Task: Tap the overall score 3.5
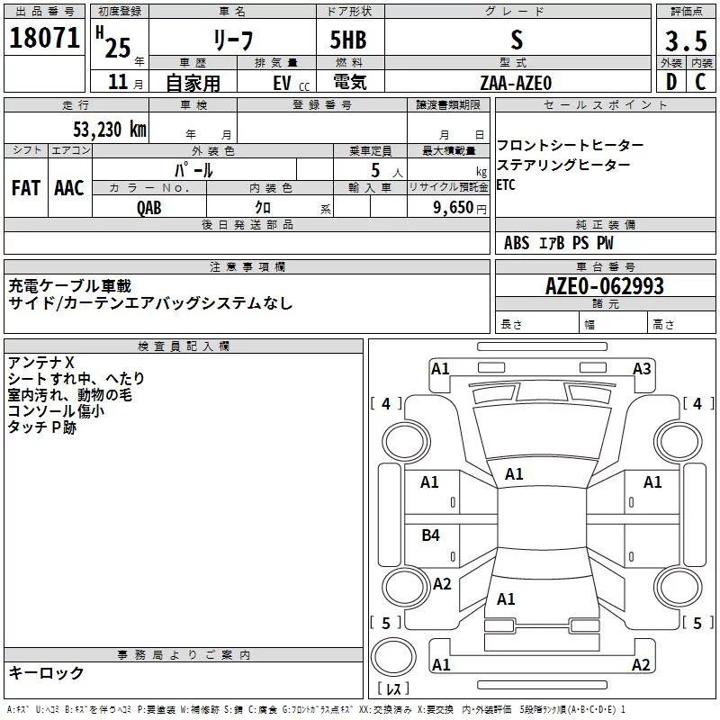pyautogui.click(x=685, y=40)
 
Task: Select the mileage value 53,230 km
pyautogui.click(x=109, y=129)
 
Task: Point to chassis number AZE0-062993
pyautogui.click(x=604, y=286)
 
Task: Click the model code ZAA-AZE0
pyautogui.click(x=516, y=82)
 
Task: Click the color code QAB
pyautogui.click(x=149, y=207)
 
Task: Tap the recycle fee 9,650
pyautogui.click(x=455, y=207)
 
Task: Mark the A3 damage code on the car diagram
pyautogui.click(x=641, y=368)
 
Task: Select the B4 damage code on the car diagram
pyautogui.click(x=431, y=535)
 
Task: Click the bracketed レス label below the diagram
pyautogui.click(x=393, y=689)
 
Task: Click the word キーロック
pyautogui.click(x=46, y=672)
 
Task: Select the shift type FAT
pyautogui.click(x=25, y=187)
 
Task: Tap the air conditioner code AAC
pyautogui.click(x=68, y=187)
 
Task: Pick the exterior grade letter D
pyautogui.click(x=670, y=81)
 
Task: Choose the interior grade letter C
pyautogui.click(x=700, y=81)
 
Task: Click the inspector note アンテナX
pyautogui.click(x=40, y=362)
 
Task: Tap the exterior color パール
pyautogui.click(x=194, y=169)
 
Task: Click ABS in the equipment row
pyautogui.click(x=517, y=243)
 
